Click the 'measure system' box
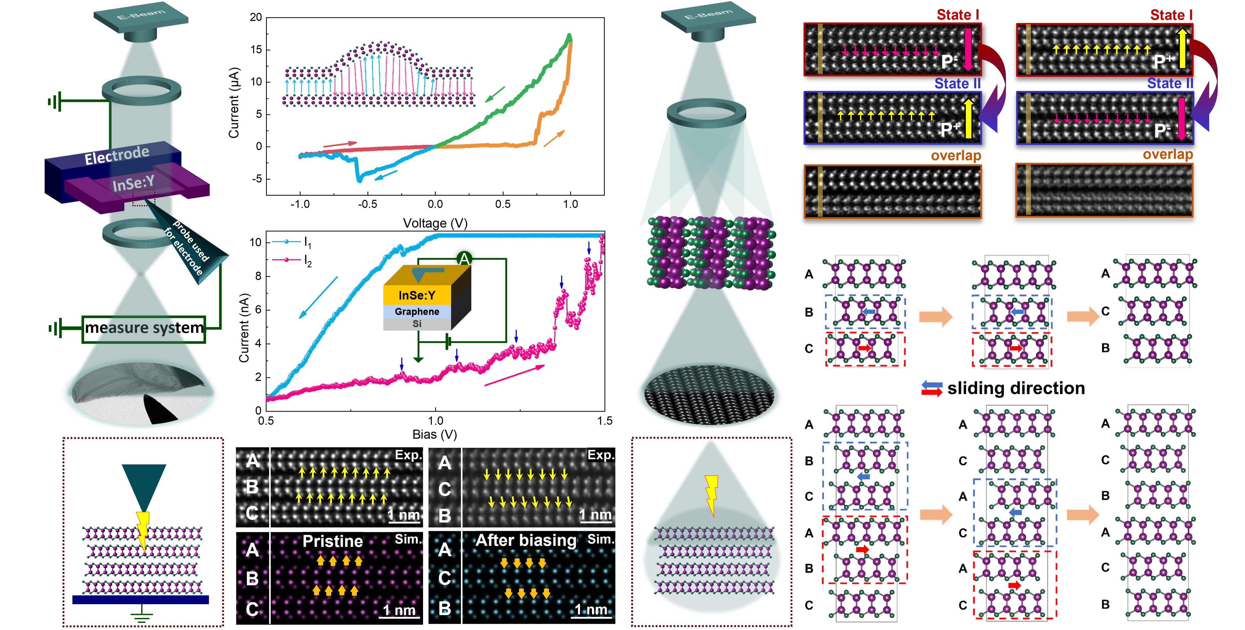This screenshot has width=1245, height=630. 144,329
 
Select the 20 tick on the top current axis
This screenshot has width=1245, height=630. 256,17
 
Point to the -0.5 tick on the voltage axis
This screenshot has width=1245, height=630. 367,204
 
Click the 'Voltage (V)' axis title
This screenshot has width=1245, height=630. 435,223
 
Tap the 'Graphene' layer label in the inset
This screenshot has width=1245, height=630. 417,311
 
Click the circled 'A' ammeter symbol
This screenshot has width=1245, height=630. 464,259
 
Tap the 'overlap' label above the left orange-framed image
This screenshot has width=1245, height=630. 956,156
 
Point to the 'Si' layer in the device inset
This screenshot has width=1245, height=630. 417,324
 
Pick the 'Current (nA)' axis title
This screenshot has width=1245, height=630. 244,328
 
